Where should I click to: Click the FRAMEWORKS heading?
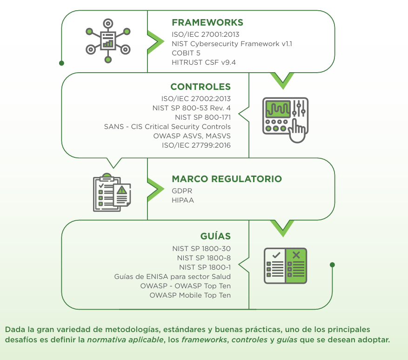coord(207,23)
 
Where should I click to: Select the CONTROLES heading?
coord(201,87)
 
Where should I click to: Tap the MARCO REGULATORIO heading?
coord(227,179)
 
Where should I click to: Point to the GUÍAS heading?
coord(215,236)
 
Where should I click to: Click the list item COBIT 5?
coord(186,53)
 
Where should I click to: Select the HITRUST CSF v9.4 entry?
coord(204,62)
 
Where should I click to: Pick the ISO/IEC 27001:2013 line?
coord(206,34)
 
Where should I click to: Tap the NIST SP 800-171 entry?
coord(202,117)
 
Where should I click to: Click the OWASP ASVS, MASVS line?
coord(192,136)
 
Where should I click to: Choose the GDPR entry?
coord(182,191)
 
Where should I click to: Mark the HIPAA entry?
coord(183,200)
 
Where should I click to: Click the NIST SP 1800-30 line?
coord(201,249)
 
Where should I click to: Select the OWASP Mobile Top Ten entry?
coord(190,295)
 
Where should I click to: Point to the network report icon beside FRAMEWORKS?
coord(108,41)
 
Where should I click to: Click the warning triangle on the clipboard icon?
coord(122,190)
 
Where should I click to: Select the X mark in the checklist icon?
coord(296,255)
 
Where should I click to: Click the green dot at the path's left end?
coord(61,62)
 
